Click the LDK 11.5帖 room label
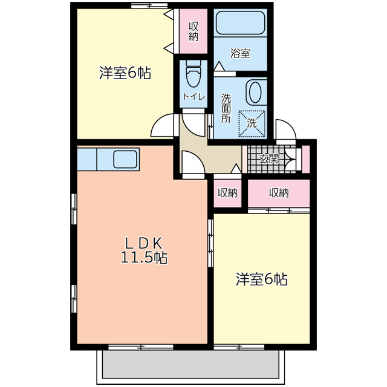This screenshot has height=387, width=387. [143, 250]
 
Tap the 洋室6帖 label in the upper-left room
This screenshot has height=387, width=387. [125, 73]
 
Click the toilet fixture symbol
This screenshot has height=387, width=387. [193, 76]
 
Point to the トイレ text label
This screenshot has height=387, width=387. [193, 97]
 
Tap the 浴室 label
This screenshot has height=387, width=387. [240, 53]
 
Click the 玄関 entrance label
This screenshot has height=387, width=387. [268, 159]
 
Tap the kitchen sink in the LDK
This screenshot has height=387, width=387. [126, 159]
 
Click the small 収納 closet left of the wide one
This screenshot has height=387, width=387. [227, 193]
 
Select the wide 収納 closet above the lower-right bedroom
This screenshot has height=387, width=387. [279, 193]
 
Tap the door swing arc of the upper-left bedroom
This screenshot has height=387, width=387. [162, 126]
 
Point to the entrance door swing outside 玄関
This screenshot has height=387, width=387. [284, 129]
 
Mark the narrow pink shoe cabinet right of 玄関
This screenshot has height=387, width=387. [305, 158]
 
